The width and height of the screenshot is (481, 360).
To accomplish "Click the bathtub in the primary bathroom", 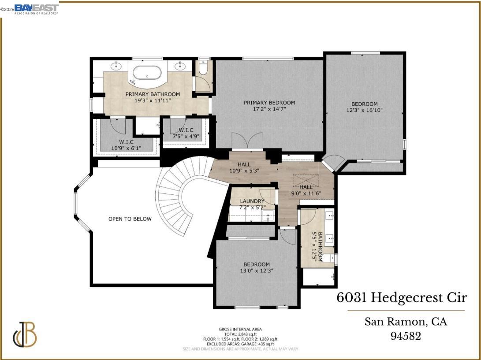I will [147, 73].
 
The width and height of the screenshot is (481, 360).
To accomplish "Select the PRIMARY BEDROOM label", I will [269, 103].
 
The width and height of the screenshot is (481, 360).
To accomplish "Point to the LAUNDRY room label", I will [252, 201].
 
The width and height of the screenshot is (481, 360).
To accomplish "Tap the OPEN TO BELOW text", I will [130, 219].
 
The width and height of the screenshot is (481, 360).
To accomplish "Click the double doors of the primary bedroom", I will [247, 142].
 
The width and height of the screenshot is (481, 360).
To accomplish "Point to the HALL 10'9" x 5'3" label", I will [244, 167].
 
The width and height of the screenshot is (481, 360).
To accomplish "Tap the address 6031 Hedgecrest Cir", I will [401, 298].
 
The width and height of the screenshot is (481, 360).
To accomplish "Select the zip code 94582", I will [406, 336].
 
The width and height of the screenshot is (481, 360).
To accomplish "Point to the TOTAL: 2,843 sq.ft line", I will [240, 334].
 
